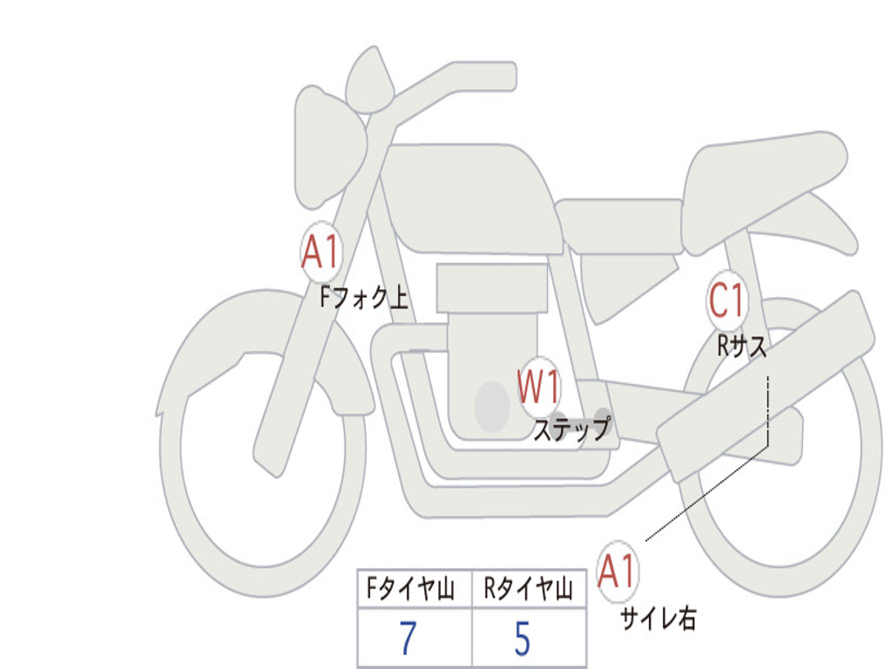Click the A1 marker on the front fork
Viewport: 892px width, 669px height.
click(321, 253)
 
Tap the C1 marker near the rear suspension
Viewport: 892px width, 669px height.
click(726, 300)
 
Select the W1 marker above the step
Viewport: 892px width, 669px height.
click(538, 387)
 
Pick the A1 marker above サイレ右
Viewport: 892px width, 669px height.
click(617, 571)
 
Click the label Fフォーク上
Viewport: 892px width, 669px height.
click(364, 297)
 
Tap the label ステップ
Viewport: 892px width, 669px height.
click(571, 429)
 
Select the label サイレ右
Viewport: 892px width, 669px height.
click(659, 618)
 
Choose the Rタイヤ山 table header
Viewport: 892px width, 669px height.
click(528, 589)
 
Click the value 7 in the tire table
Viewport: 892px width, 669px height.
click(409, 638)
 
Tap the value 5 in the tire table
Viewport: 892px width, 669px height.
click(523, 638)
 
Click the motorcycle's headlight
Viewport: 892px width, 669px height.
click(328, 148)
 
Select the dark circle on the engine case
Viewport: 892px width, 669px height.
click(492, 406)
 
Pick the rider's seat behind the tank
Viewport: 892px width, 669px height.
click(620, 226)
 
